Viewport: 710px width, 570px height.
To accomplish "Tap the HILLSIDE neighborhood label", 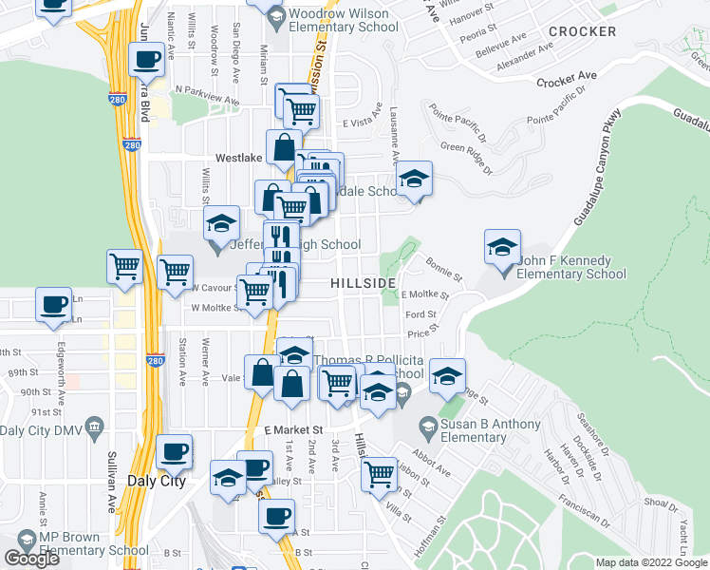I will click(363, 283).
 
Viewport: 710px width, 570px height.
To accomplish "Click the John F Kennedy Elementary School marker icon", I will click(502, 247).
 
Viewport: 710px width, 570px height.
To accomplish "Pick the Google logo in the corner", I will click(32, 559).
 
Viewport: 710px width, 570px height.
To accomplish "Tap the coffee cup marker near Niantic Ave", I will click(145, 61).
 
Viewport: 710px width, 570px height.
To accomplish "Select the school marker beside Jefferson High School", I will click(221, 224).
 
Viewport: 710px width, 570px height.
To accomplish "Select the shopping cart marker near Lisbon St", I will click(379, 471).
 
